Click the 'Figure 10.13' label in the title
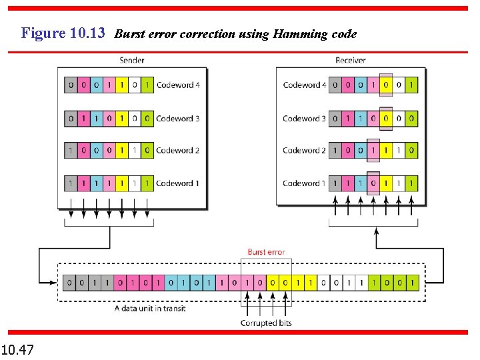tap(63, 33)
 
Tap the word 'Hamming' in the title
tap(297, 34)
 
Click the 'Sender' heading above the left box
tap(132, 60)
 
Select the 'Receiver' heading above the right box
tap(351, 60)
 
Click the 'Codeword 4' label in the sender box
tap(178, 85)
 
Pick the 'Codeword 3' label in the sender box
tap(178, 118)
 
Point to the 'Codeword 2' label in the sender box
tap(178, 150)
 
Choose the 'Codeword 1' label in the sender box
tap(178, 183)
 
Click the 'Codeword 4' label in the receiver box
tap(305, 85)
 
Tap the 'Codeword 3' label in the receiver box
tap(305, 118)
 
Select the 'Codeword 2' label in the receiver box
tap(305, 150)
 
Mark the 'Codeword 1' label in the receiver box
tap(305, 183)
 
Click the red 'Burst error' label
tap(266, 252)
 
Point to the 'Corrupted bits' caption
tap(266, 323)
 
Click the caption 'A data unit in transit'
tap(150, 309)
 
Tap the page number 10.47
tap(19, 349)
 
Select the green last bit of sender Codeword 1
tap(147, 183)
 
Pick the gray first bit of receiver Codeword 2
tap(335, 150)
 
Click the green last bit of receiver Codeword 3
tap(412, 118)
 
